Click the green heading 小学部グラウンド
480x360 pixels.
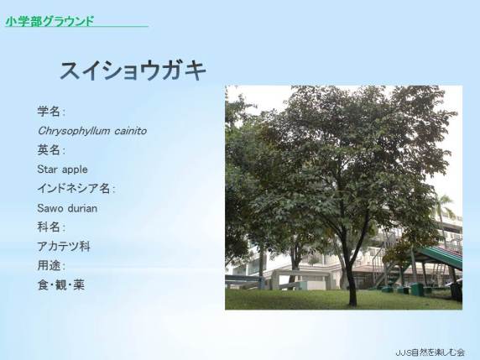pyautogui.click(x=50, y=21)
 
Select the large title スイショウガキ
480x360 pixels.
pyautogui.click(x=133, y=70)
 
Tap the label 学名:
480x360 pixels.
pyautogui.click(x=51, y=112)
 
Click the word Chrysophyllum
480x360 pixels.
pyautogui.click(x=74, y=131)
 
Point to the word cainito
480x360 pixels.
pyautogui.click(x=130, y=131)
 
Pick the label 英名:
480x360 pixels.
pyautogui.click(x=51, y=150)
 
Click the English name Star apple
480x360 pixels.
pyautogui.click(x=62, y=170)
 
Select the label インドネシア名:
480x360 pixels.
pyautogui.click(x=76, y=189)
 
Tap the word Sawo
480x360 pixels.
pyautogui.click(x=50, y=208)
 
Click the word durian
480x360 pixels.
pyautogui.click(x=82, y=208)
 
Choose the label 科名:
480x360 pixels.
pyautogui.click(x=51, y=227)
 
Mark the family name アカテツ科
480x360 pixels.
pyautogui.click(x=64, y=247)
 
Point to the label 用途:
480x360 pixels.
pyautogui.click(x=51, y=266)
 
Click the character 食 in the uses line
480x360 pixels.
pyautogui.click(x=43, y=285)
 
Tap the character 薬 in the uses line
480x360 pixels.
pyautogui.click(x=79, y=285)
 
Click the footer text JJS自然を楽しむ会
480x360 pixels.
pyautogui.click(x=430, y=352)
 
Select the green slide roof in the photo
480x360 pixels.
pyautogui.click(x=441, y=257)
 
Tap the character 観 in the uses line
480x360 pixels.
pyautogui.click(x=61, y=285)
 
